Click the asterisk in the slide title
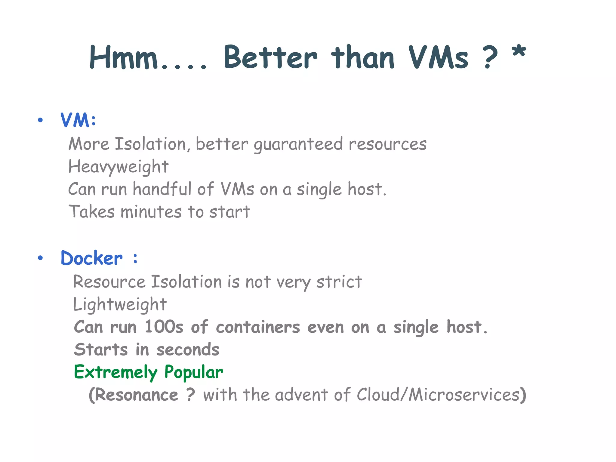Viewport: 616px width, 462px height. coord(519,51)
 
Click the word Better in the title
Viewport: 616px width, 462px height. coord(270,57)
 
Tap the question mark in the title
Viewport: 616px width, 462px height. coord(490,57)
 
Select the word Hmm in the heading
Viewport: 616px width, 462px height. coord(124,57)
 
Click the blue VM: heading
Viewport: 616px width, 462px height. coord(78,120)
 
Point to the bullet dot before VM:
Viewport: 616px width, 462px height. coord(40,120)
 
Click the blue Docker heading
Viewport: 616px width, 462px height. coord(92,258)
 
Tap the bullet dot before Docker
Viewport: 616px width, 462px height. coord(40,258)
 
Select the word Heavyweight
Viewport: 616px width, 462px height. coord(118,167)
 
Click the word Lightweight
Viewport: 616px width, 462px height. coord(120,304)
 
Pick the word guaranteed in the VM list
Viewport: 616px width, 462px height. coord(298,144)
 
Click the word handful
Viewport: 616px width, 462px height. coord(162,189)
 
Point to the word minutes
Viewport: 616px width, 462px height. coord(151,212)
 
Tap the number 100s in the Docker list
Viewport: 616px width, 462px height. coord(164,327)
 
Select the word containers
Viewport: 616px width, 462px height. coord(258,327)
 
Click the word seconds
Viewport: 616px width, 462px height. coord(188,350)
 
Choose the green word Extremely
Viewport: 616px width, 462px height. coord(115,372)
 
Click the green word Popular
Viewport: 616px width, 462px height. coord(194,372)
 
